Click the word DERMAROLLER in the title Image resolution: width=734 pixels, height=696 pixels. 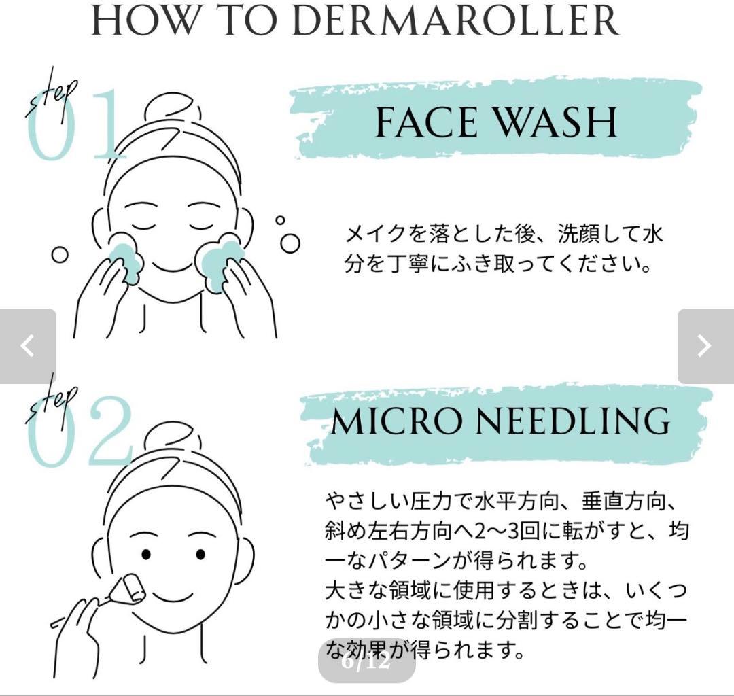coord(455,20)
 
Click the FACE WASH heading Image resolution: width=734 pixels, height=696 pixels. coord(496,122)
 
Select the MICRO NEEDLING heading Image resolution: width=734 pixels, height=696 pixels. coord(500,421)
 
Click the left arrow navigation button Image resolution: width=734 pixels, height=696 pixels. coord(28,346)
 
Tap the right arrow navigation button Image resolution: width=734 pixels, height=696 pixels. coord(705,346)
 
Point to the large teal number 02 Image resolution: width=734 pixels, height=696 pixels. coord(80,432)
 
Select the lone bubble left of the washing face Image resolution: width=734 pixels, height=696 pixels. coord(59,255)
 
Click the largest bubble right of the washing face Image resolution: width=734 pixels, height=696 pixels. coord(290,243)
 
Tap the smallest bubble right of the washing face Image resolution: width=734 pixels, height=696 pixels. coord(280,220)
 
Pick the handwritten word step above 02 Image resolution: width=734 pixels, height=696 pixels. coord(52,404)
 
